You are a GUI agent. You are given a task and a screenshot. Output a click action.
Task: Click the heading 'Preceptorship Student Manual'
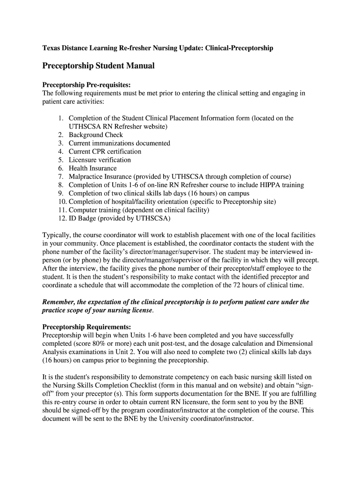[98, 66]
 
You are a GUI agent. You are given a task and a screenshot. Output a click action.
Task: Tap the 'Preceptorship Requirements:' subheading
[86, 327]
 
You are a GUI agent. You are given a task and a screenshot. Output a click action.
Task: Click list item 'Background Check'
[96, 135]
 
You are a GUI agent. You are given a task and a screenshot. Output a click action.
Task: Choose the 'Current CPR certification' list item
[105, 152]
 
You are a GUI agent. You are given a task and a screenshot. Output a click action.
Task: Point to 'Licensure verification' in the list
[100, 160]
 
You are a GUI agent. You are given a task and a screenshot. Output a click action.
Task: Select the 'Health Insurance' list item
[93, 168]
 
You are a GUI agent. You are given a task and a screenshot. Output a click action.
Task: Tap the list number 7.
[61, 177]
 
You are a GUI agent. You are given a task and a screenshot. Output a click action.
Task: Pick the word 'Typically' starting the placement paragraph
[57, 235]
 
